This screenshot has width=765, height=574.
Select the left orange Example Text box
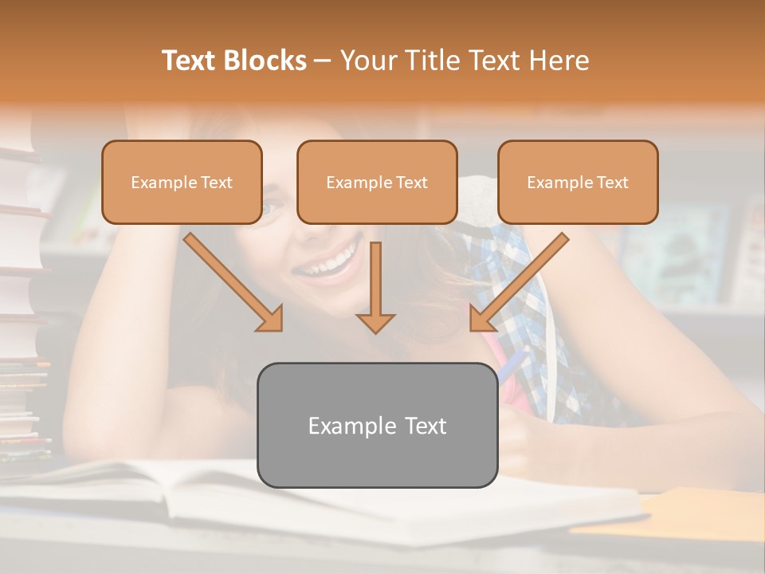(x=182, y=183)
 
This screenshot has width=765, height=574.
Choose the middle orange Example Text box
(x=377, y=183)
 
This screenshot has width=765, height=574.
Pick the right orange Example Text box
(x=578, y=183)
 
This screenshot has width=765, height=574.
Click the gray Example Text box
(x=378, y=426)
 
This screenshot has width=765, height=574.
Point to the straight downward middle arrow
(x=375, y=279)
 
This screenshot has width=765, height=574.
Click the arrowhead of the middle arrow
(x=375, y=322)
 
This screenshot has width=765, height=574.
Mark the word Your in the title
(x=368, y=61)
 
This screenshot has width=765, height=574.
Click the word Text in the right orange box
(x=612, y=183)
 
